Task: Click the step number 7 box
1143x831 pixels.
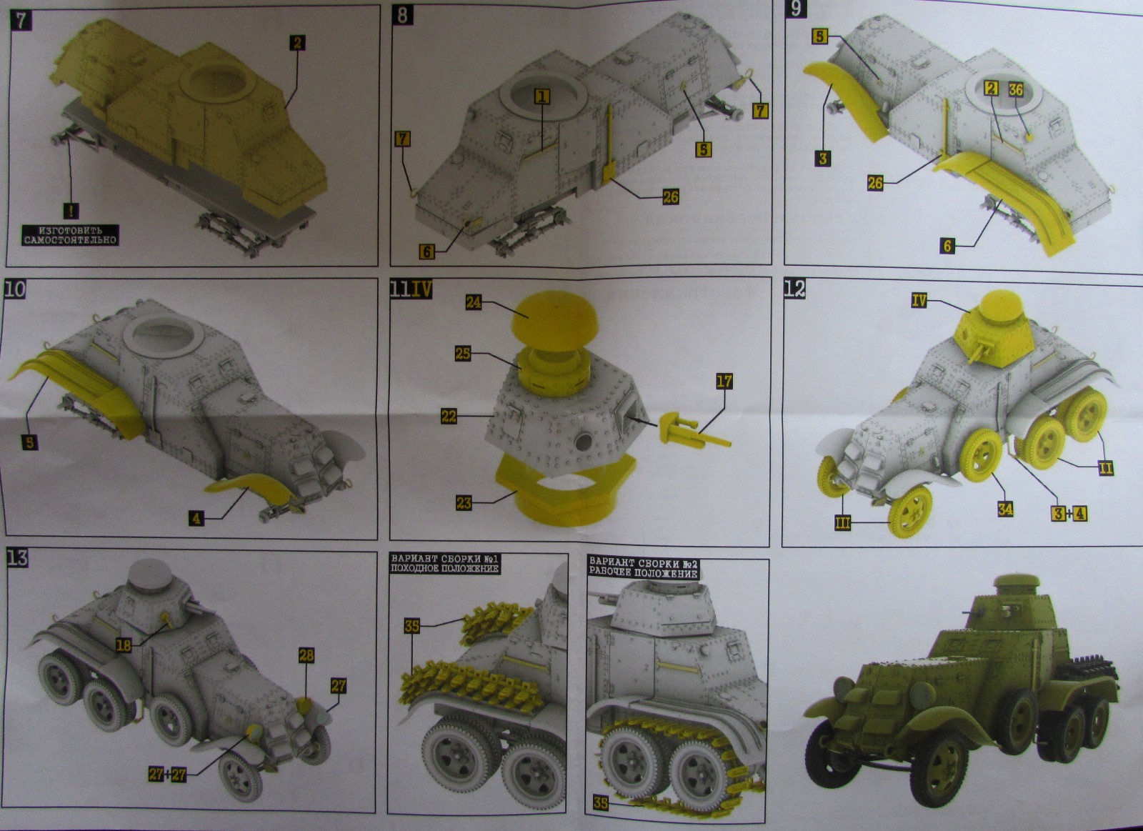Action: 21,19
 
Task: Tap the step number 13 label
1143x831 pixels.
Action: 16,558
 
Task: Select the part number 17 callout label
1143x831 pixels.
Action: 724,382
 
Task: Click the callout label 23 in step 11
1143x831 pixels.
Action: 464,502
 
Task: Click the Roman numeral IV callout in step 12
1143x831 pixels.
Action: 919,301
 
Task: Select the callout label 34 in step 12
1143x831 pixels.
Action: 1005,509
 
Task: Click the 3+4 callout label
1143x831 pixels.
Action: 1069,512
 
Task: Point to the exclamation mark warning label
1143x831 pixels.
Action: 71,211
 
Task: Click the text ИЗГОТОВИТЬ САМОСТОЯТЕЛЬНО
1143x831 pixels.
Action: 70,235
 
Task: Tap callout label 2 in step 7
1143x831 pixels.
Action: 297,43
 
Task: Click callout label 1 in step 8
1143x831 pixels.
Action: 542,96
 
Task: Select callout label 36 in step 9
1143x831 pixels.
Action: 1015,89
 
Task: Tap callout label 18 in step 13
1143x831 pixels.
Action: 124,645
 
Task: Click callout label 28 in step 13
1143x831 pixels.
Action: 306,655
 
